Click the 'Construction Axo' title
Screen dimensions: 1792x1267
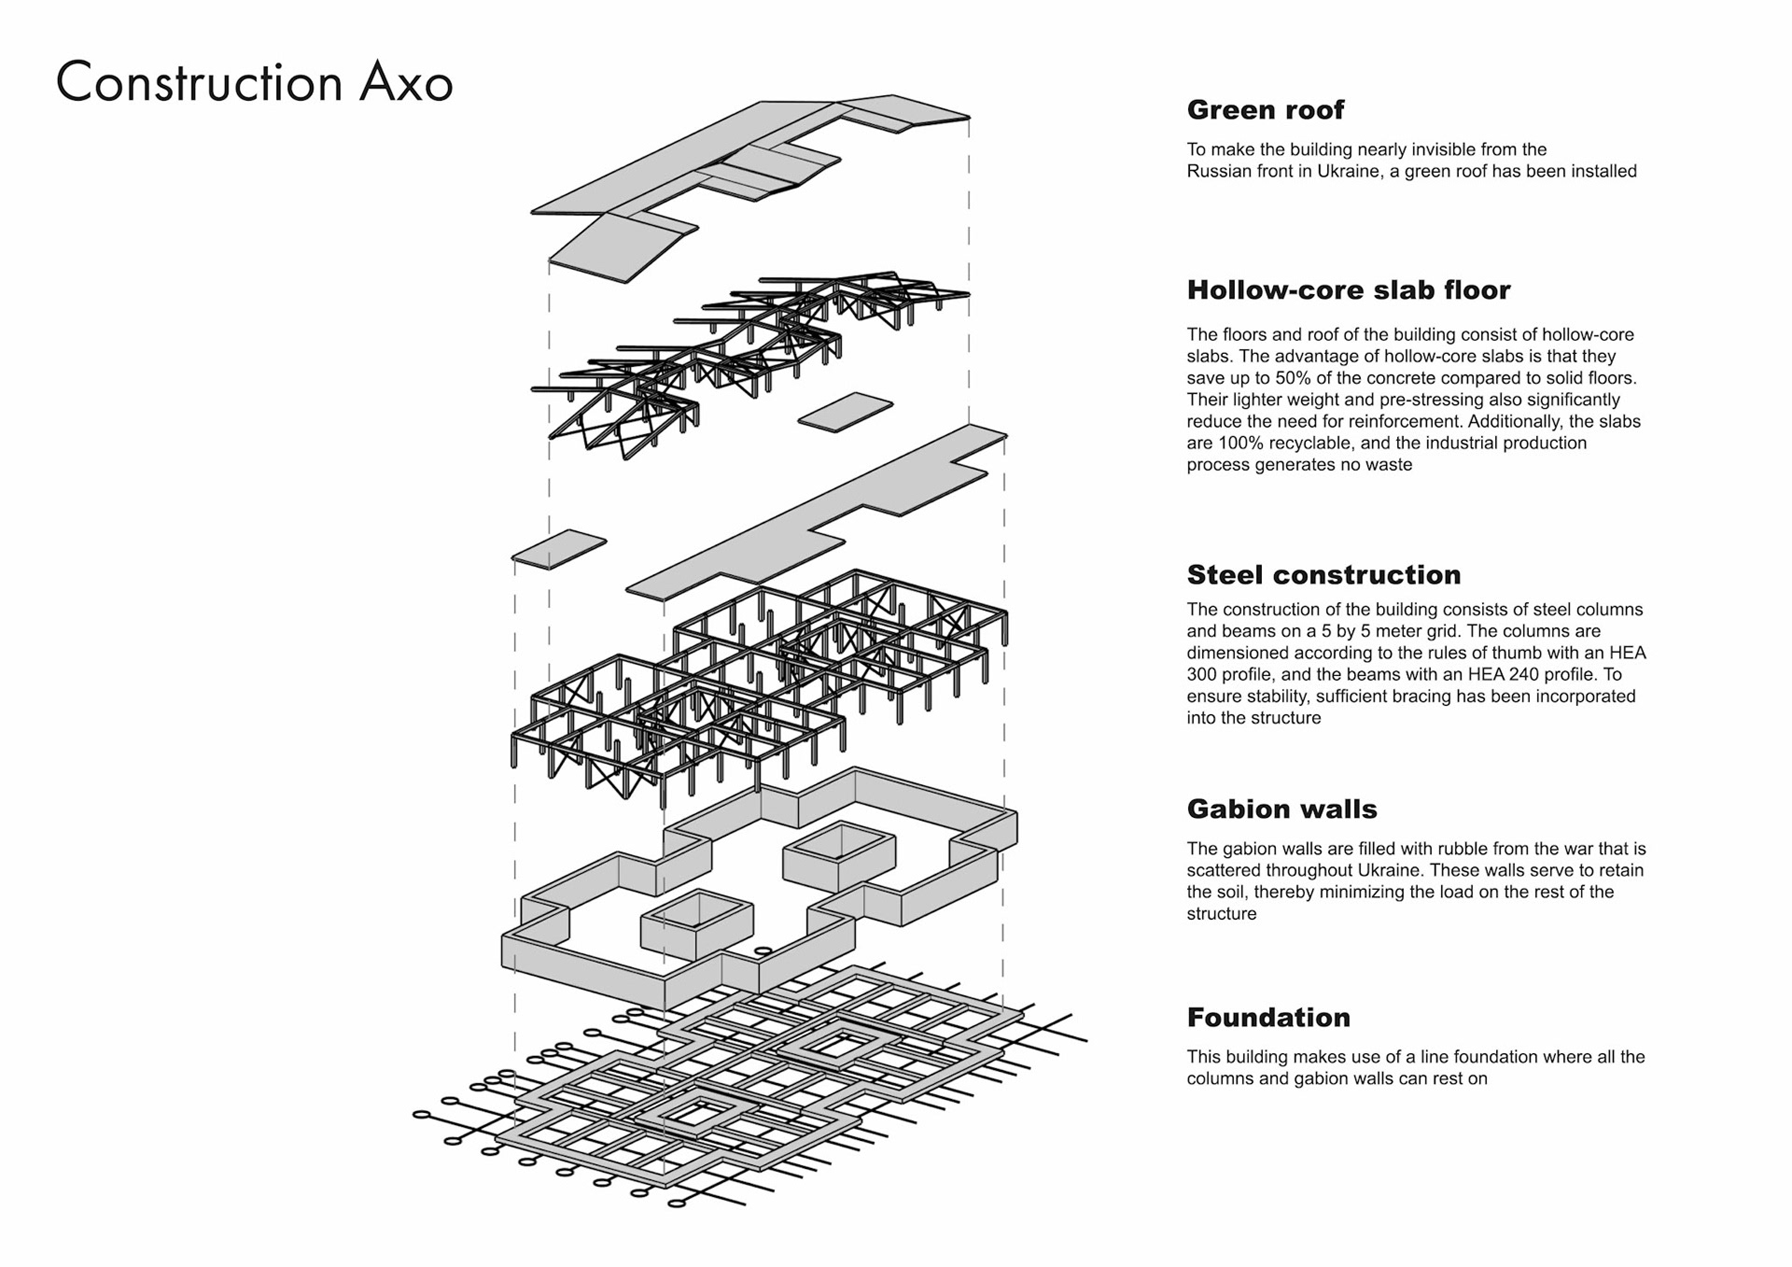click(254, 82)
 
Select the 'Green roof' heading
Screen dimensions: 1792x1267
click(1265, 110)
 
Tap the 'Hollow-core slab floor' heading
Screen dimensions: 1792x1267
click(1348, 290)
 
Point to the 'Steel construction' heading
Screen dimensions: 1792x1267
click(1323, 575)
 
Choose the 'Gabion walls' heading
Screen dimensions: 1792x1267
click(1281, 809)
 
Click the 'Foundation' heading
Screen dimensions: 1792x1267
click(1268, 1018)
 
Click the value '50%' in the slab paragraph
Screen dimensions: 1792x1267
click(1293, 378)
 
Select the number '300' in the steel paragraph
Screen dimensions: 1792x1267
click(1203, 675)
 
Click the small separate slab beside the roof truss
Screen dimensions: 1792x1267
click(846, 412)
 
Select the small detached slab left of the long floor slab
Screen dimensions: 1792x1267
click(559, 549)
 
